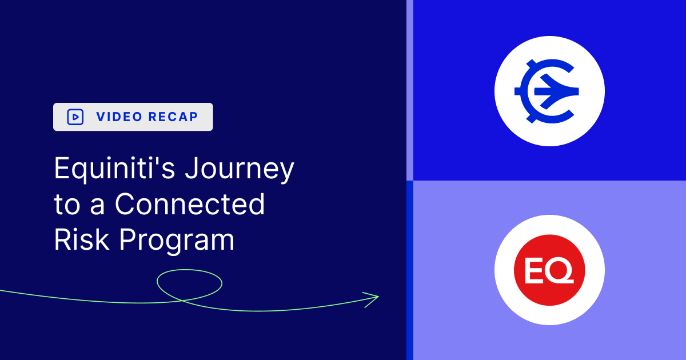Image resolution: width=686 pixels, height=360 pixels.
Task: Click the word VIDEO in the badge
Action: tap(119, 117)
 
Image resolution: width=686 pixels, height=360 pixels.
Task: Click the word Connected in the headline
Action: tap(190, 205)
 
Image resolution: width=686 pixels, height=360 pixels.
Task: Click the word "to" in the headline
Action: tap(66, 205)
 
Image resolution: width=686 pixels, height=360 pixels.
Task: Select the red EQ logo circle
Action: tap(549, 270)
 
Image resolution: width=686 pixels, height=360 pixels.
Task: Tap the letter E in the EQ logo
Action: tap(534, 270)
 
